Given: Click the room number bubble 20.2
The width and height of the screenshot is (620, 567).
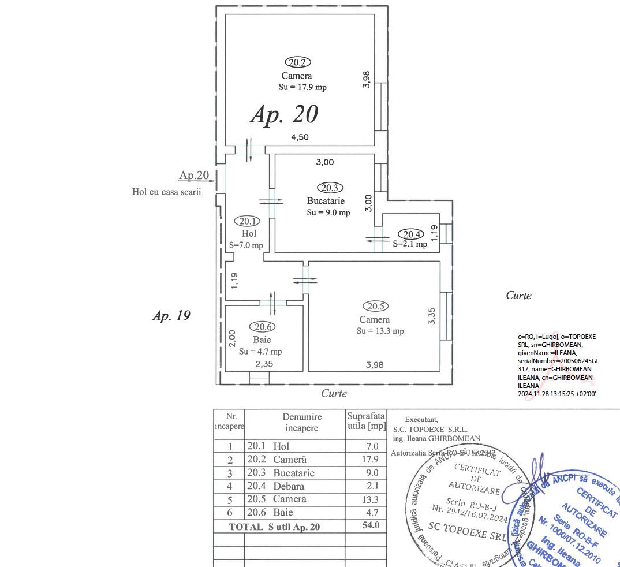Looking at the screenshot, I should tap(297, 62).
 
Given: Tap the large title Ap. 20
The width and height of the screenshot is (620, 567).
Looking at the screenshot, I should tap(284, 114).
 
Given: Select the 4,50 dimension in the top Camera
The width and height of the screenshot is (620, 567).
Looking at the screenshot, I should tap(300, 137).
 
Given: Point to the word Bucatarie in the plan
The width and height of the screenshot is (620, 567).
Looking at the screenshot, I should tap(326, 201).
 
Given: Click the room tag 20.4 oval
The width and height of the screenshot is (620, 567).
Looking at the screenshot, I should tap(412, 234).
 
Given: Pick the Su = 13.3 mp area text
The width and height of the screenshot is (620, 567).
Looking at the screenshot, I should tap(380, 331).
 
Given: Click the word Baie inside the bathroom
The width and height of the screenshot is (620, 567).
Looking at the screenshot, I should tap(262, 340).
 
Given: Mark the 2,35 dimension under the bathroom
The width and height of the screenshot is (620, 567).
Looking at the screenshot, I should tap(264, 364).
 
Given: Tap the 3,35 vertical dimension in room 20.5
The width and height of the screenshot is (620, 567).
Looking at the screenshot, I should tap(432, 316).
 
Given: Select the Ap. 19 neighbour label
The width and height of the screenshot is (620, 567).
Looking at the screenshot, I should tap(171, 316).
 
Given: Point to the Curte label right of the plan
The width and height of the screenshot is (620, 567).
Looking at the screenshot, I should tap(518, 295).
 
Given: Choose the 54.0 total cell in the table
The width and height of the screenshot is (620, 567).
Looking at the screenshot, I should tap(370, 525).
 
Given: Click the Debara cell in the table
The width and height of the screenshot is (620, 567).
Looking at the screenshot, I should tap(289, 486).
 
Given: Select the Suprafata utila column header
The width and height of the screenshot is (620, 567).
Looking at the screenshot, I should tap(366, 421).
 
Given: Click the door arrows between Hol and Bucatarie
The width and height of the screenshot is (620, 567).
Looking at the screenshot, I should tap(271, 202).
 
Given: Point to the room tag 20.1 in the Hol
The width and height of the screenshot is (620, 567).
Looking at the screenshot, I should tap(247, 221).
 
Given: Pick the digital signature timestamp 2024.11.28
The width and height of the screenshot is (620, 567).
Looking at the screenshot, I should tap(556, 393).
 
